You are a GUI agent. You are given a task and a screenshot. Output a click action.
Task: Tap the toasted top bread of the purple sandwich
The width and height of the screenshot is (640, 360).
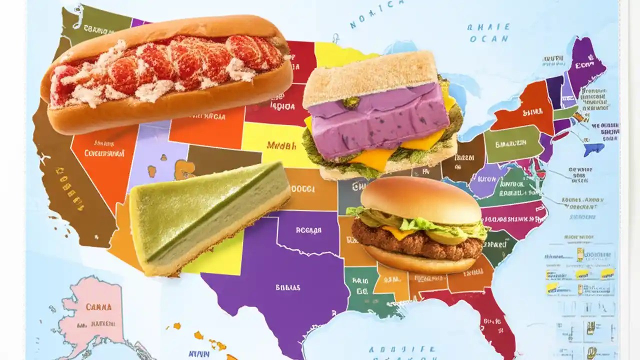370,75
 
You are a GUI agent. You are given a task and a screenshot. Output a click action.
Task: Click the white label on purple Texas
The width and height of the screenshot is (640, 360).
287,287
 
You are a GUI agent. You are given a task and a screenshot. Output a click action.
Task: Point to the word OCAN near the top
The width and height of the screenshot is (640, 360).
489,39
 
